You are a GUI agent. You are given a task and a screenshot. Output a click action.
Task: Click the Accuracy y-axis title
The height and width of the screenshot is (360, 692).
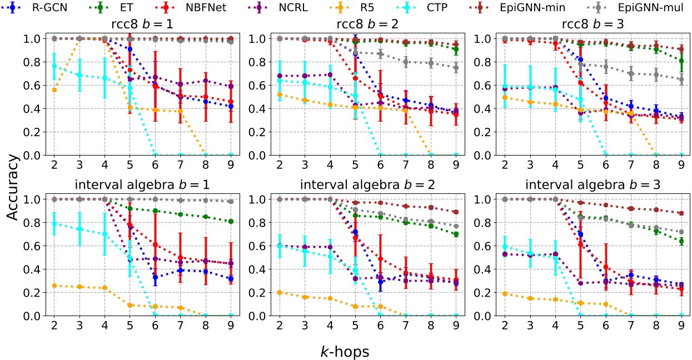click(15, 177)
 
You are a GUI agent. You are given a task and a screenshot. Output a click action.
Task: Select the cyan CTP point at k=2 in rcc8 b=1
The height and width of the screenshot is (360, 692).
click(54, 66)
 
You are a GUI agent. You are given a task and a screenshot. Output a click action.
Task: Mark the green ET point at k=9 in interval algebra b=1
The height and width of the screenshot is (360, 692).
click(230, 221)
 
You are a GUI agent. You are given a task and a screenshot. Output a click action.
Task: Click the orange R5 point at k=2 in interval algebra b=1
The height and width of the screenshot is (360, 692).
click(54, 286)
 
